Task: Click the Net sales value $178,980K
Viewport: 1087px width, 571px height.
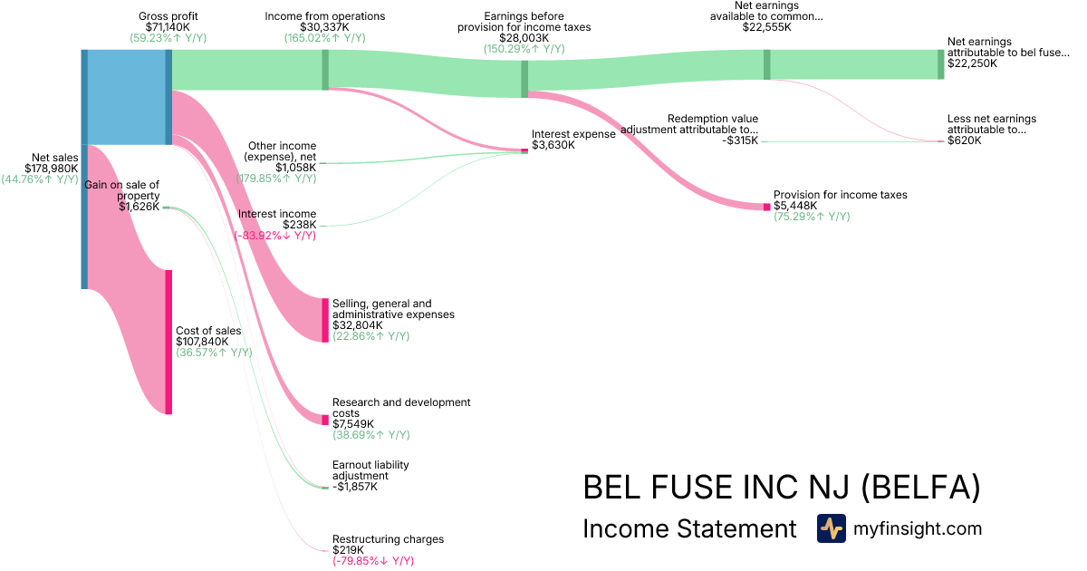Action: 53,168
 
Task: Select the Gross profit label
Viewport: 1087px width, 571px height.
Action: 168,16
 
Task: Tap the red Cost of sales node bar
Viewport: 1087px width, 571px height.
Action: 168,342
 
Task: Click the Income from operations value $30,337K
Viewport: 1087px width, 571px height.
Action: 324,27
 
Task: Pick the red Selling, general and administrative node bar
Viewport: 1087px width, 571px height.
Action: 325,320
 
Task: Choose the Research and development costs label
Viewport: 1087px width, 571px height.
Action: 400,408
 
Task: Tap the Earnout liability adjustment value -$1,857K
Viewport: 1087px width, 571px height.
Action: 354,487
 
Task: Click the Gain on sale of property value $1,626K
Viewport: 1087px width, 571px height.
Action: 139,207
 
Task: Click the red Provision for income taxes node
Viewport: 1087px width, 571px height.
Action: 766,207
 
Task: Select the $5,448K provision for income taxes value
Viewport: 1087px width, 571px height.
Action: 795,206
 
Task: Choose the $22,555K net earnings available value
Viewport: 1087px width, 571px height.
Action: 765,27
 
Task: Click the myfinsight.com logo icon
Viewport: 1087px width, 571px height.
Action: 831,528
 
